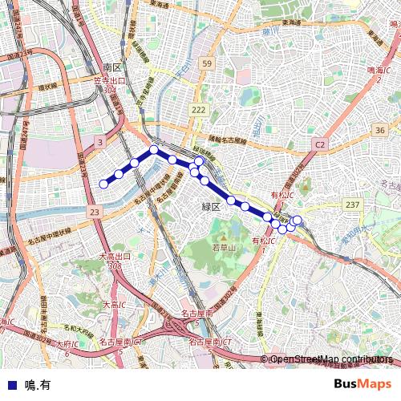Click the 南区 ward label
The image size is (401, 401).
pos(111,67)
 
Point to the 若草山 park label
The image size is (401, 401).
pos(224,249)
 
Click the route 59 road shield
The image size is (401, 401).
pos(207,64)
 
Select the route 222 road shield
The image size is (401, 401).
pos(199,109)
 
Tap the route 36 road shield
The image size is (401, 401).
pos(379,130)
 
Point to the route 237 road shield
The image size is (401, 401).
pos(352,205)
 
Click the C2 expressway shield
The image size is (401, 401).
pos(320,144)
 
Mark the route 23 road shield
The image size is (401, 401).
pos(95,212)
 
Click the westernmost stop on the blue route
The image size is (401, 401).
pos(103,184)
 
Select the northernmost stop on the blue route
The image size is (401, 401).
pos(153,149)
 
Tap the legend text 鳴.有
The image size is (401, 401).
pos(38,384)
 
